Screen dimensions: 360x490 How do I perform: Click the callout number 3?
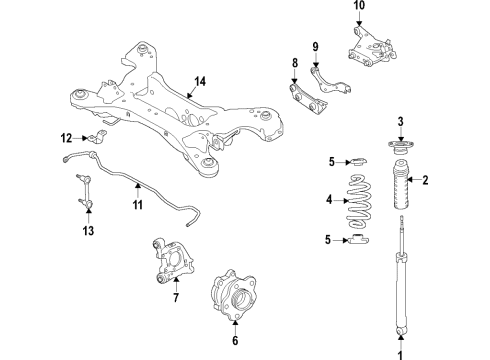coord(402,122)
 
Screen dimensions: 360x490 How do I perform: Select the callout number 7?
coord(175,297)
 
